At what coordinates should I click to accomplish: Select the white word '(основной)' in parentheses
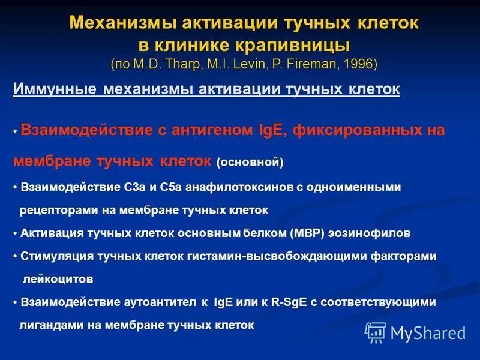[x=250, y=163]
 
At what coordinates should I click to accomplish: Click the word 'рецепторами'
[x=52, y=210]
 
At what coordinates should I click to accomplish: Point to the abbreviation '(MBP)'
[x=290, y=233]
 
